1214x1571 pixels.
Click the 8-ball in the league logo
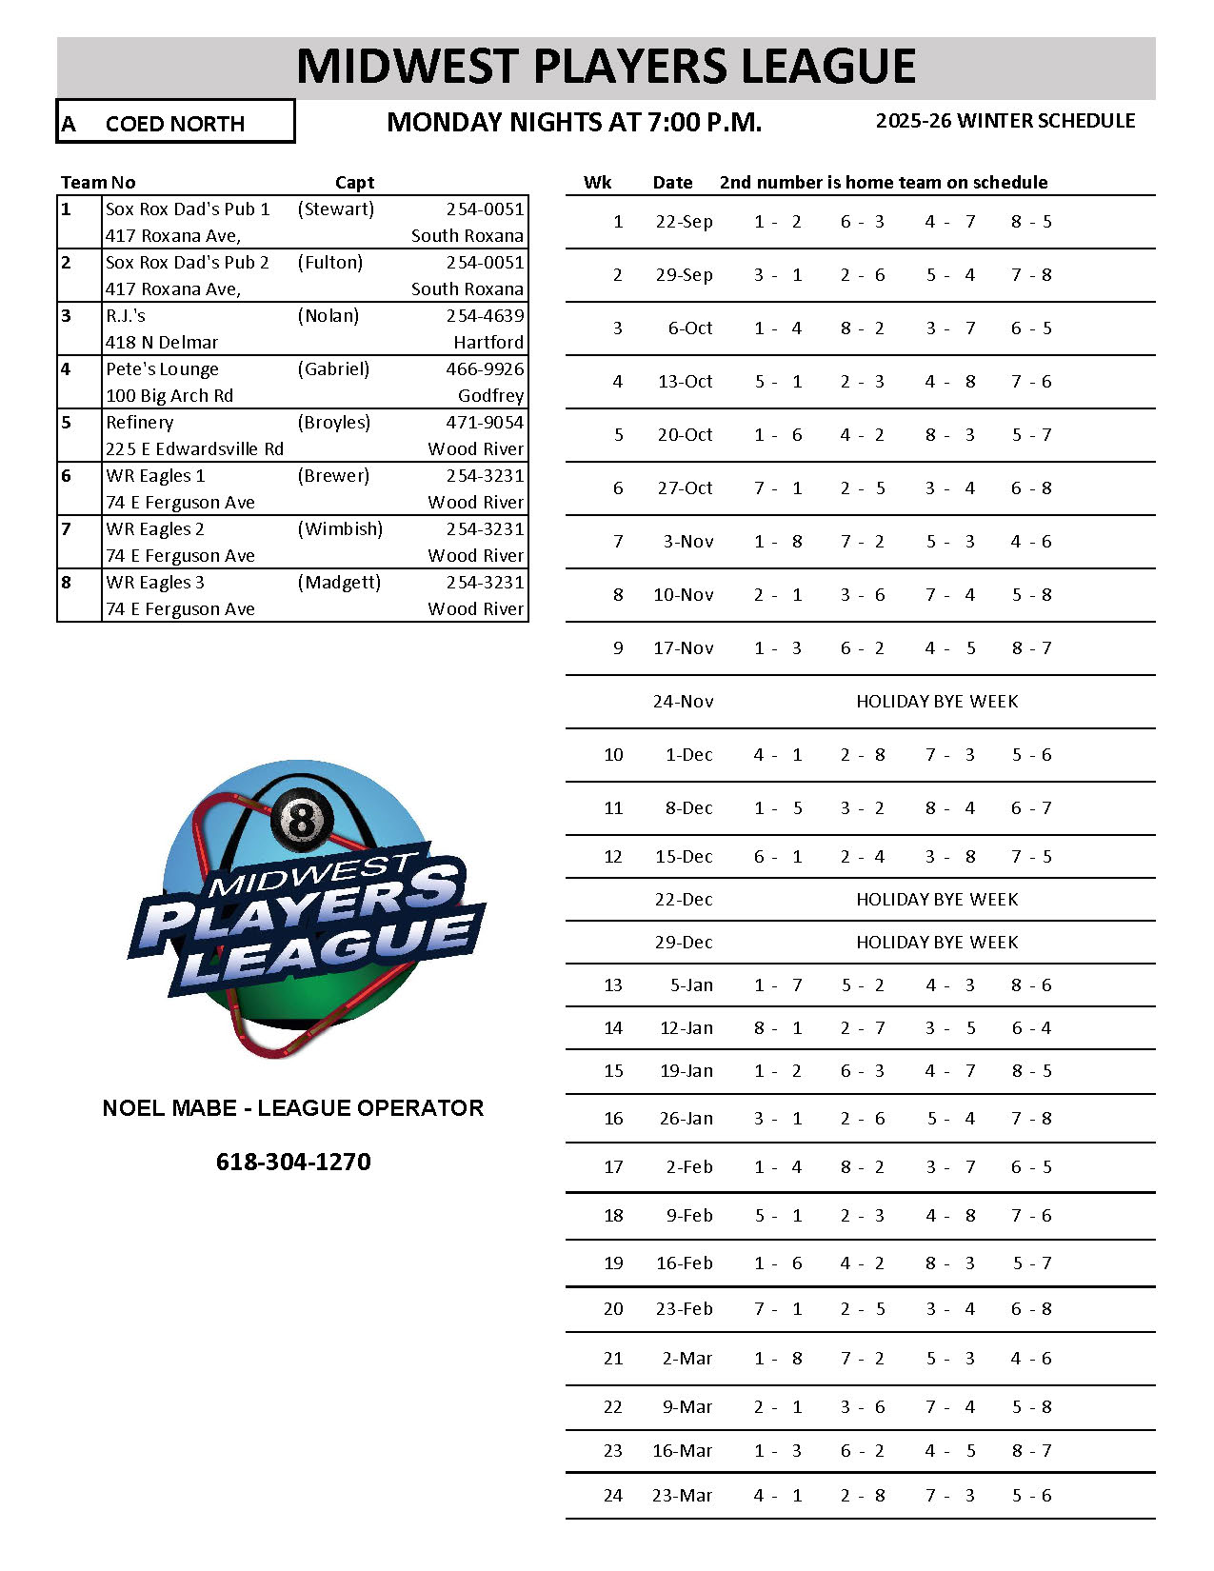click(x=303, y=818)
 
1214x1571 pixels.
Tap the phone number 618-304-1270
click(x=293, y=1162)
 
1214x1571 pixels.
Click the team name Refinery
click(x=140, y=423)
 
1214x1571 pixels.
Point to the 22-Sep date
click(x=684, y=222)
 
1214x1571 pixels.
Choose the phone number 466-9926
click(x=485, y=369)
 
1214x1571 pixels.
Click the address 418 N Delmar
click(x=162, y=343)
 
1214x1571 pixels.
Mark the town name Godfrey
click(x=490, y=396)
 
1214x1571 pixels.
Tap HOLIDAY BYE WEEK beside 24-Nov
click(x=937, y=702)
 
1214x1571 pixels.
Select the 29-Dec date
click(x=684, y=943)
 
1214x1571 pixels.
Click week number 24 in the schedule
click(x=613, y=1496)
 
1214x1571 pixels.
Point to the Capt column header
click(x=354, y=183)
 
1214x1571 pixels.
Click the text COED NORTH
click(x=175, y=124)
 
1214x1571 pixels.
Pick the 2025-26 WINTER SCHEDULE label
click(x=1005, y=121)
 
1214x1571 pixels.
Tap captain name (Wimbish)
click(x=340, y=529)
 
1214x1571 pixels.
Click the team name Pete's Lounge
click(x=162, y=369)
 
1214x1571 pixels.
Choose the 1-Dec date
click(x=688, y=755)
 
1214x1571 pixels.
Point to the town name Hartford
click(x=488, y=343)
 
